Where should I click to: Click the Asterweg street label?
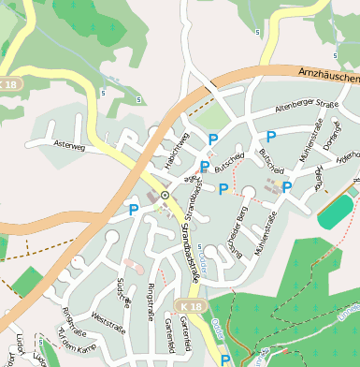(70, 147)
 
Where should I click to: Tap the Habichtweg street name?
(177, 150)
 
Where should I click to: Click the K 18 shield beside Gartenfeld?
(191, 307)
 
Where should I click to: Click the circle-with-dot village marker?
(165, 195)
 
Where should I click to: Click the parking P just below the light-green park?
(213, 139)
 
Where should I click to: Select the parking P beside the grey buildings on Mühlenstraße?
(287, 187)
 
